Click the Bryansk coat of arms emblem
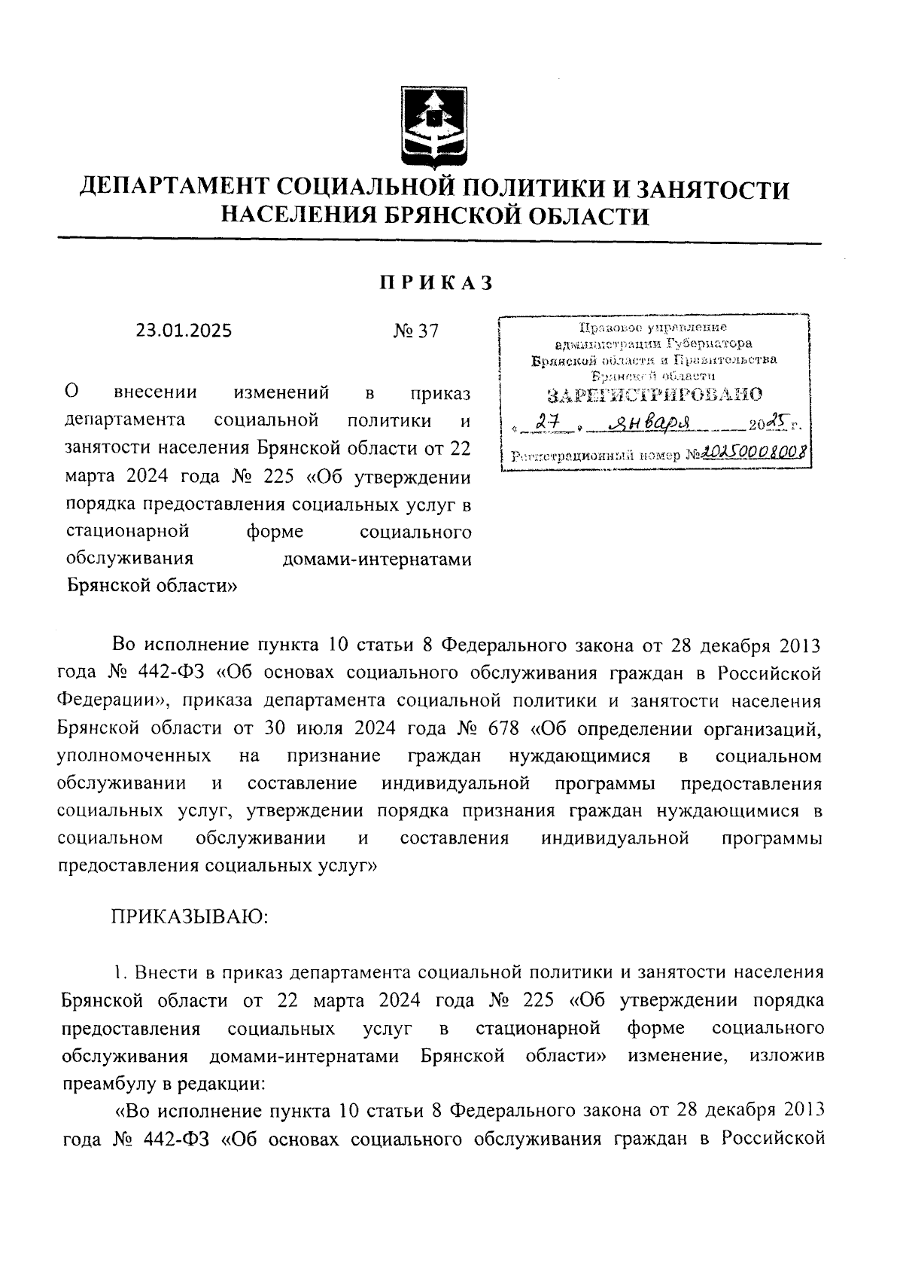point(432,126)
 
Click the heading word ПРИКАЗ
point(436,283)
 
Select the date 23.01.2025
point(184,331)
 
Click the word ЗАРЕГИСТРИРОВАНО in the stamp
point(654,395)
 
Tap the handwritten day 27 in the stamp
point(558,426)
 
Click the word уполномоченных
point(133,755)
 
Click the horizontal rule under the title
point(439,242)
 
